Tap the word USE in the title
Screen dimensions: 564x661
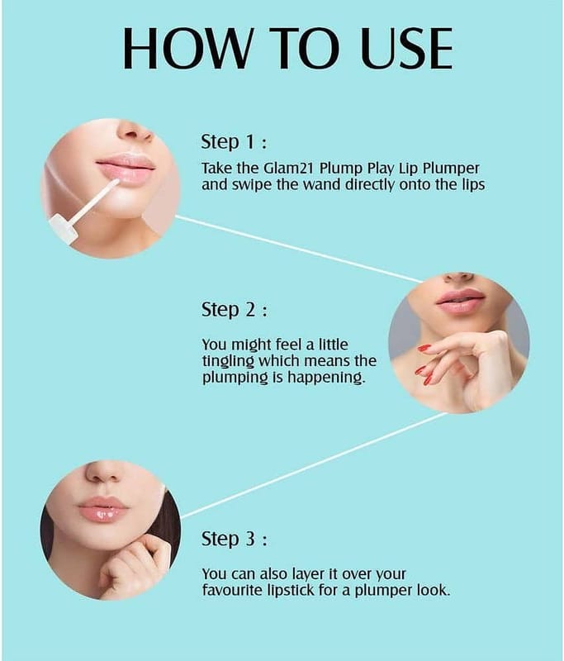(407, 49)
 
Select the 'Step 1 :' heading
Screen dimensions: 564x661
(234, 142)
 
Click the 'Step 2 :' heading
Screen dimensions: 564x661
(234, 310)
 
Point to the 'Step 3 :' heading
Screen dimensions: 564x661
(234, 539)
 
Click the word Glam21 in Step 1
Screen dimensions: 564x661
(289, 169)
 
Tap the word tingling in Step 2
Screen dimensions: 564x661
(228, 362)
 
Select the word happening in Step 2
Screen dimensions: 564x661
(325, 378)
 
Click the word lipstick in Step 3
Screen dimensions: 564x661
(291, 591)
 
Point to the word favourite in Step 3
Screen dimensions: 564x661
(233, 590)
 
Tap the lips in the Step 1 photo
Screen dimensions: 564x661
(126, 170)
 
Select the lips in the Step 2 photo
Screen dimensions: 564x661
(461, 301)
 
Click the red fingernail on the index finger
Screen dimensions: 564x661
(424, 348)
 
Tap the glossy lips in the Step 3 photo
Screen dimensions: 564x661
(103, 509)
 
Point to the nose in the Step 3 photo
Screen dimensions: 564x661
(103, 473)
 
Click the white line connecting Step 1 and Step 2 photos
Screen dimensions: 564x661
(299, 249)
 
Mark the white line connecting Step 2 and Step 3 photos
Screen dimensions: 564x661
(314, 465)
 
